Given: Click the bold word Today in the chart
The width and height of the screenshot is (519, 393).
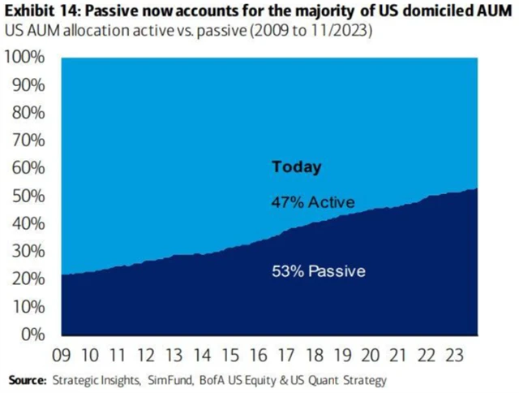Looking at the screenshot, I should point(296,167).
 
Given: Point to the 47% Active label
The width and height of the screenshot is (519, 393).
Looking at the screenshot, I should point(313,202).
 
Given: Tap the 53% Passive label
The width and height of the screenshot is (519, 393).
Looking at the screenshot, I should point(318,270).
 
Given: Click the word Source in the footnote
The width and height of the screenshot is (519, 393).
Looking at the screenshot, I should point(27,379).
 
